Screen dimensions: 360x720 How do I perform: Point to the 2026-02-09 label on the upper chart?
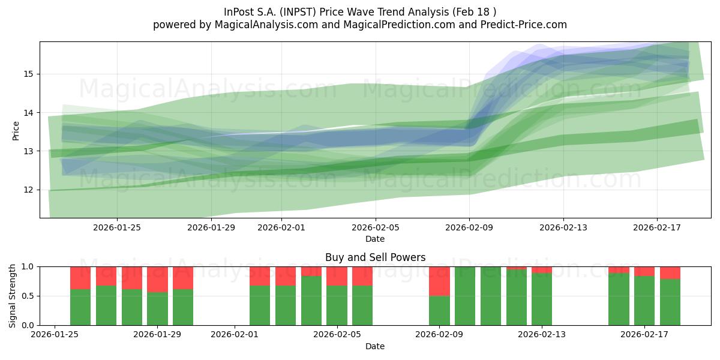(x=469, y=227)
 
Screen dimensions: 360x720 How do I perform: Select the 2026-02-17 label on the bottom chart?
(x=644, y=335)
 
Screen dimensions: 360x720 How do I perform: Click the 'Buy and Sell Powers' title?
(x=375, y=257)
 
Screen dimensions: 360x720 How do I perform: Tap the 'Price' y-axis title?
(x=16, y=130)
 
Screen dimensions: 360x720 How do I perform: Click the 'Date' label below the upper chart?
(x=375, y=239)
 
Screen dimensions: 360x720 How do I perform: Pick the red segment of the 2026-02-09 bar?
(x=439, y=281)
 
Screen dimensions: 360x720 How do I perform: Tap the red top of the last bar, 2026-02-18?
(x=670, y=272)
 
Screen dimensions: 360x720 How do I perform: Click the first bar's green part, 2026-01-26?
(x=80, y=307)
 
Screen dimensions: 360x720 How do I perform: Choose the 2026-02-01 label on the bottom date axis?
(x=235, y=335)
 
